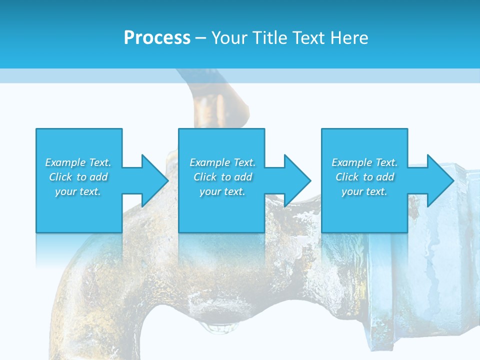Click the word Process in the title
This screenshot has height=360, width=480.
coord(157,38)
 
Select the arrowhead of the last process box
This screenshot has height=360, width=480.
coord(440,180)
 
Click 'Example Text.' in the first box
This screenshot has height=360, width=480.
coord(78,162)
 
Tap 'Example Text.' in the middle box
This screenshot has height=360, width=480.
coord(222,162)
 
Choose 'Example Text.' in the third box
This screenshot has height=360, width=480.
coord(364,162)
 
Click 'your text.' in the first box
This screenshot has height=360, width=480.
coord(78,191)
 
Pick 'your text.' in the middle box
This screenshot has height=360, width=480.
coord(222,191)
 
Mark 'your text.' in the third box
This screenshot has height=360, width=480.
coord(364,191)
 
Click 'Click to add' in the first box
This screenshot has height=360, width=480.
coord(78,177)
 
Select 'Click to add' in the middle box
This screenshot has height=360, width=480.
coord(222,177)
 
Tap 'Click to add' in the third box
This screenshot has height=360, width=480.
coord(364,177)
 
